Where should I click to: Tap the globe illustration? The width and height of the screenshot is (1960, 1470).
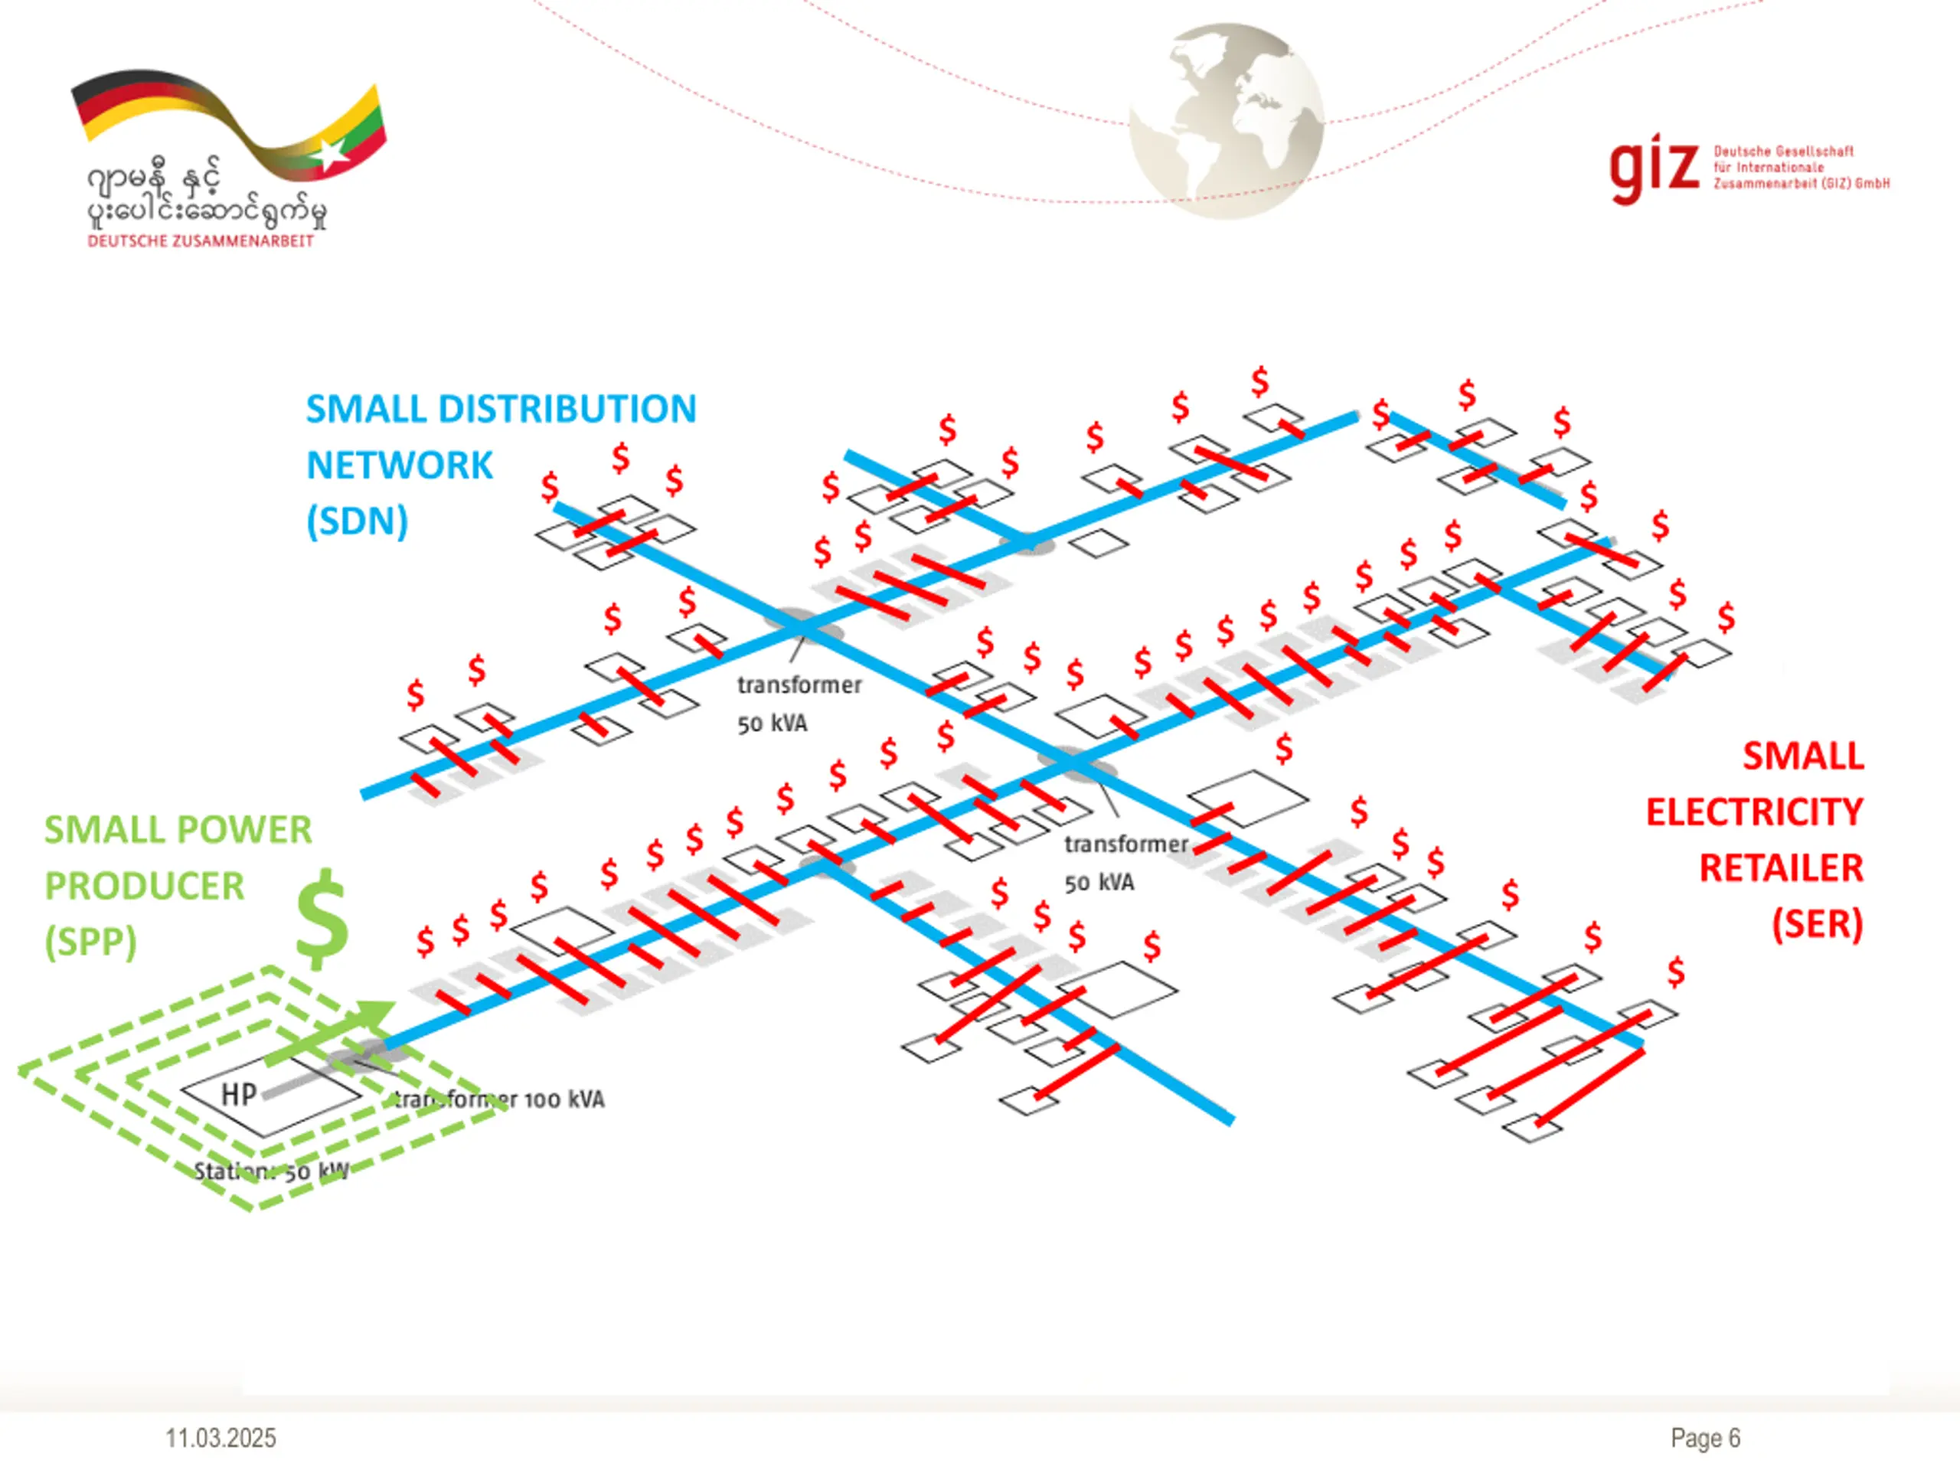coord(1227,119)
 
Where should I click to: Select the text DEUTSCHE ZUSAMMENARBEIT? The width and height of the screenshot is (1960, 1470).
coord(201,241)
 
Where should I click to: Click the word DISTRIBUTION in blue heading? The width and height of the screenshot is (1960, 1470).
coord(567,410)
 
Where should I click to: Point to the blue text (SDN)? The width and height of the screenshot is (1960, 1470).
coord(357,521)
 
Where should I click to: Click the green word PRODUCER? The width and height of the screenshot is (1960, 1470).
coord(145,886)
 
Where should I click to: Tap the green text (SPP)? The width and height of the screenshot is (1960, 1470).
coord(90,942)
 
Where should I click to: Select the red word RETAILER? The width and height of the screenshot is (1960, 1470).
coord(1781,868)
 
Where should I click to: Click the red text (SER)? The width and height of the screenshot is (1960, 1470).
coord(1817,924)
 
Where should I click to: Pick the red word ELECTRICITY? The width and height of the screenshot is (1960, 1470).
coord(1755,812)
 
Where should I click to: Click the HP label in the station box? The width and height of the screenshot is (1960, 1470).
coord(238,1094)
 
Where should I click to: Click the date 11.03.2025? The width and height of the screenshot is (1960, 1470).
coord(220,1438)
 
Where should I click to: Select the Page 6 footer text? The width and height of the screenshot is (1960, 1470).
coord(1705,1438)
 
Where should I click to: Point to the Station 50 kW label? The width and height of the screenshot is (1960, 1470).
coord(271,1171)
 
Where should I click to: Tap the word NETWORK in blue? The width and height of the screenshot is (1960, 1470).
coord(399,465)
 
